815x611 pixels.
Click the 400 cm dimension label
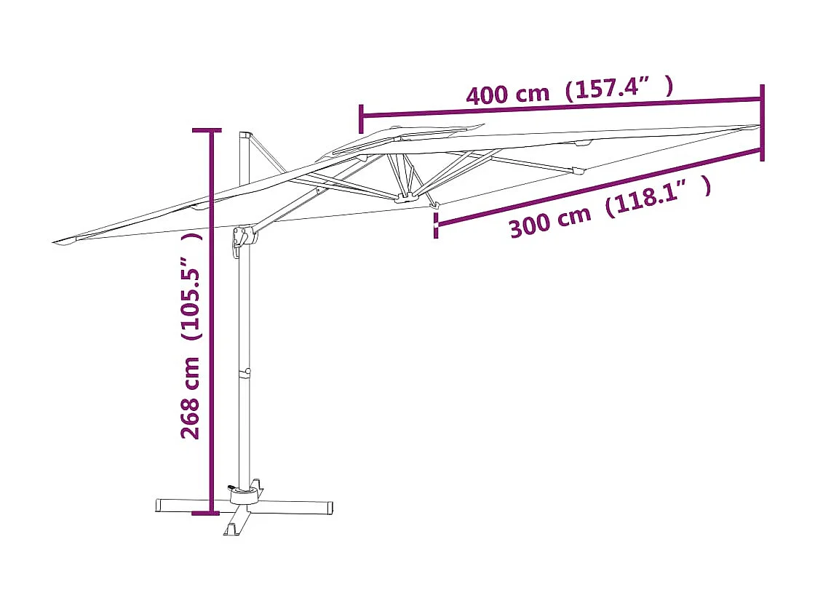[x=507, y=94]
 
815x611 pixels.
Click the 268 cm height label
[x=191, y=398]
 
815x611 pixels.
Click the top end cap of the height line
[x=205, y=131]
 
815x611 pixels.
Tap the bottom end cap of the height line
[x=205, y=514]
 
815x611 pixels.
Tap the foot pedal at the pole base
[x=231, y=488]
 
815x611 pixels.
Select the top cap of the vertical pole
[x=245, y=135]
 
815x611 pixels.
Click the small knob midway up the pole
[x=248, y=372]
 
